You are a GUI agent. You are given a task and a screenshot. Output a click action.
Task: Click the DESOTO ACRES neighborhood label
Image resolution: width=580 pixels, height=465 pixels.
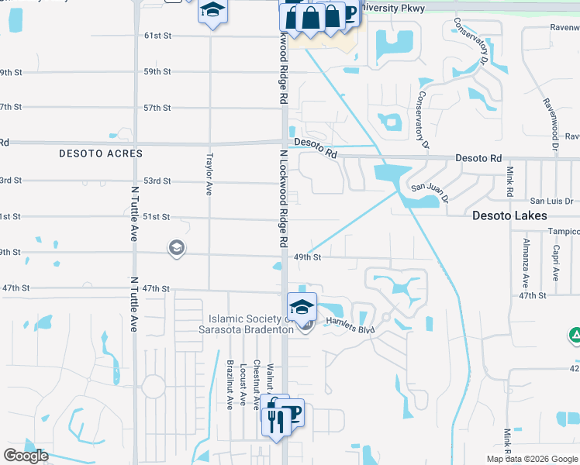[x=101, y=153]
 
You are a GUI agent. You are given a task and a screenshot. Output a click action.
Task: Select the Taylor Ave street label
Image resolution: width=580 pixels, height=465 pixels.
[x=209, y=174]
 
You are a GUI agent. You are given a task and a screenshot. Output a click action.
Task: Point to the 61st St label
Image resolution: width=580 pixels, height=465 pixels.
[x=157, y=36]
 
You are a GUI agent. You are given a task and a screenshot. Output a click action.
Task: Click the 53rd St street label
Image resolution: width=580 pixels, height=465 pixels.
[x=157, y=181]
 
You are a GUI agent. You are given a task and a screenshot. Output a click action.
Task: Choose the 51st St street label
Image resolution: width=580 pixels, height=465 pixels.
[x=157, y=217]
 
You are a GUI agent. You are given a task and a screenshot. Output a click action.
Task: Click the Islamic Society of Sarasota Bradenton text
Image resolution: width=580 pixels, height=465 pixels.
[x=250, y=323]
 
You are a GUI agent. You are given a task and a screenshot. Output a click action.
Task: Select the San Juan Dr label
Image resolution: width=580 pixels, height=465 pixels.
[x=430, y=188]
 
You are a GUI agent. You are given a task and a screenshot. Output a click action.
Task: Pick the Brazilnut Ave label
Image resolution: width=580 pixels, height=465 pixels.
[x=230, y=384]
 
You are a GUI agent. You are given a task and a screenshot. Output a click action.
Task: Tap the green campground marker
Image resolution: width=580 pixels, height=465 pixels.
[x=575, y=335]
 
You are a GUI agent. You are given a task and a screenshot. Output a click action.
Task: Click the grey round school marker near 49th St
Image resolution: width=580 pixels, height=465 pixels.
[x=177, y=248]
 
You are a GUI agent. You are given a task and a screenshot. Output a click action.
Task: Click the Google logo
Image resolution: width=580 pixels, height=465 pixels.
[x=26, y=456]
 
